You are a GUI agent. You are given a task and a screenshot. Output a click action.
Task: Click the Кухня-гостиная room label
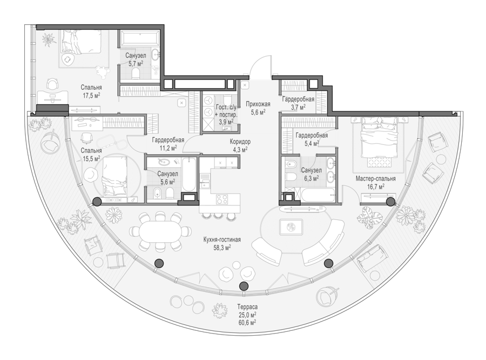pos(222,239)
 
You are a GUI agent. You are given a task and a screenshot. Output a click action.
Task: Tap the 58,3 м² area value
pos(222,248)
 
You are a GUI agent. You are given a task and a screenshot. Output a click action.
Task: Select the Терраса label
pos(247,307)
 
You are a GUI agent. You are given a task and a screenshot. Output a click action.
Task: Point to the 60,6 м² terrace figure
pos(247,323)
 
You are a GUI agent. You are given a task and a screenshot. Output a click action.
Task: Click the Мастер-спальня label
pos(376,178)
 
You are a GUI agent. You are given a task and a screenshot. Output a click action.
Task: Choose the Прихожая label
pos(258,104)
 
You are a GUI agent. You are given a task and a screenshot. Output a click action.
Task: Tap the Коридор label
pos(240,142)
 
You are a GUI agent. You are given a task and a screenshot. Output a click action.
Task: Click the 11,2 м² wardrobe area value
pos(168,148)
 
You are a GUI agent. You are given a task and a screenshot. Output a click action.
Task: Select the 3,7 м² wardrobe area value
pos(298,107)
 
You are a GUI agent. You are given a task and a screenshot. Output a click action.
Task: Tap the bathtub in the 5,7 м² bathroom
pos(139,38)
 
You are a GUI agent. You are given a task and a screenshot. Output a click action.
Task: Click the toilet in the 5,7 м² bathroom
pos(136,74)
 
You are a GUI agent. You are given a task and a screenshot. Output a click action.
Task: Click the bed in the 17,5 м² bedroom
pos(81,41)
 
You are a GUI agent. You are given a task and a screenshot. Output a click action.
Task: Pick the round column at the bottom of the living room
pos(244,286)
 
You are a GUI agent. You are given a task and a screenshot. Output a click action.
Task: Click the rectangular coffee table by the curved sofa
pos(291,227)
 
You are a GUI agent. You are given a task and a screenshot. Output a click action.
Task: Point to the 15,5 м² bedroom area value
pos(91,158)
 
